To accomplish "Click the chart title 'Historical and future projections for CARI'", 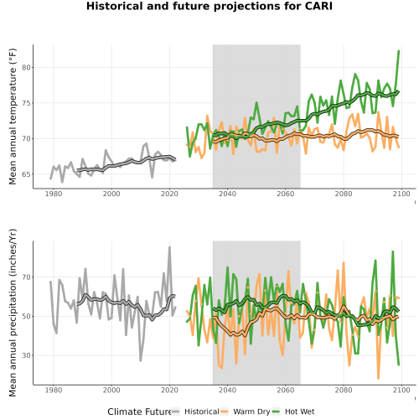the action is (x=209, y=6).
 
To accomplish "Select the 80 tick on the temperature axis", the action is (x=26, y=68).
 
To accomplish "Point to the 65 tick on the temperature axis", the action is (x=26, y=174).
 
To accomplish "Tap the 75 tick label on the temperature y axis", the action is (x=26, y=103).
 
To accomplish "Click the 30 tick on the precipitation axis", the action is (x=26, y=355).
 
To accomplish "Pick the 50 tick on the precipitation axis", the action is (x=26, y=317).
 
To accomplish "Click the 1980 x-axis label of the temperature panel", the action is (x=54, y=194).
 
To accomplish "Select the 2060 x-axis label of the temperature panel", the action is (x=286, y=194).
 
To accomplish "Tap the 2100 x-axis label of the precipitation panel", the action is (x=401, y=391).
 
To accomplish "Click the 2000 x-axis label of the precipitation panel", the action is (x=111, y=391).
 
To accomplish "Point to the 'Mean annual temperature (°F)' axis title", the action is (x=13, y=116).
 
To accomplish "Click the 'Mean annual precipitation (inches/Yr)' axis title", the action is (x=13, y=313).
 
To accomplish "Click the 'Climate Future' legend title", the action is (x=139, y=411).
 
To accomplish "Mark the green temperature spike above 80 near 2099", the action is (x=399, y=51).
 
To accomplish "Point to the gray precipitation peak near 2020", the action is (x=169, y=247).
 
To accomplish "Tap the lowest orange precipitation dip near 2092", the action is (x=379, y=378).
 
